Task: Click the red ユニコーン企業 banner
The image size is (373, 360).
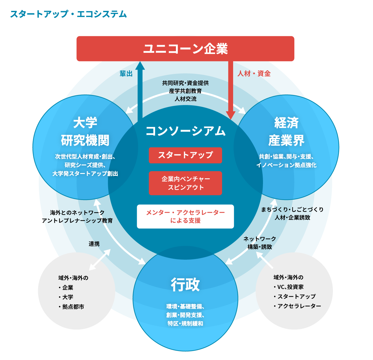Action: (x=185, y=48)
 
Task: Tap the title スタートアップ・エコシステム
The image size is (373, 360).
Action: (x=68, y=14)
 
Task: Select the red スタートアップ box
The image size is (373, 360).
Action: (x=185, y=155)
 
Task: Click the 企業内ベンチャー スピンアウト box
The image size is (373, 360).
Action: (x=185, y=183)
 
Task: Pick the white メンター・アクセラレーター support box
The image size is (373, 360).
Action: (x=185, y=216)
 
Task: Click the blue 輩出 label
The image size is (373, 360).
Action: (x=126, y=74)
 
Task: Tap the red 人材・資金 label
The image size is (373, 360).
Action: (x=254, y=74)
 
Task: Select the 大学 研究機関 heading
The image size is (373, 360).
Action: (x=85, y=132)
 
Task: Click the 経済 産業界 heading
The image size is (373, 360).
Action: (x=286, y=132)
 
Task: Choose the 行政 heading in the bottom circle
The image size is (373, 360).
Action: (x=185, y=285)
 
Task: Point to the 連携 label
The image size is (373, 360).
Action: (x=94, y=244)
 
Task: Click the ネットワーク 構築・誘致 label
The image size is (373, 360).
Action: (x=260, y=243)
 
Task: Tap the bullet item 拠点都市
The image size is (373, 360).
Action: (x=73, y=307)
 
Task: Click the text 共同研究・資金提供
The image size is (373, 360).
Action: (x=185, y=83)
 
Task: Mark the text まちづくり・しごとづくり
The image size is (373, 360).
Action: (x=292, y=209)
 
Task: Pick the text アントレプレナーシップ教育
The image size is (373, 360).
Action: (x=77, y=221)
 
